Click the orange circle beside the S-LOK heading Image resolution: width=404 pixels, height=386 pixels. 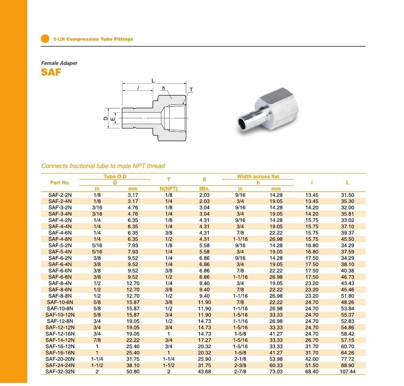pos(45,39)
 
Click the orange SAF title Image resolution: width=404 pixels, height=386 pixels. pos(51,72)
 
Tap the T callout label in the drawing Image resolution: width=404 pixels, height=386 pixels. pos(191,90)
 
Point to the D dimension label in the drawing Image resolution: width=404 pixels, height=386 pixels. pos(105,118)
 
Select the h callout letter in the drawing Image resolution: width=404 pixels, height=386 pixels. pos(163,88)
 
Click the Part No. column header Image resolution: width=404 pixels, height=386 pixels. pos(60,183)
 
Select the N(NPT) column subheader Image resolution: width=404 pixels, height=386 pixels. pos(169,189)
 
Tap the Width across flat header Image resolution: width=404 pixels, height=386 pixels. pos(258,177)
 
